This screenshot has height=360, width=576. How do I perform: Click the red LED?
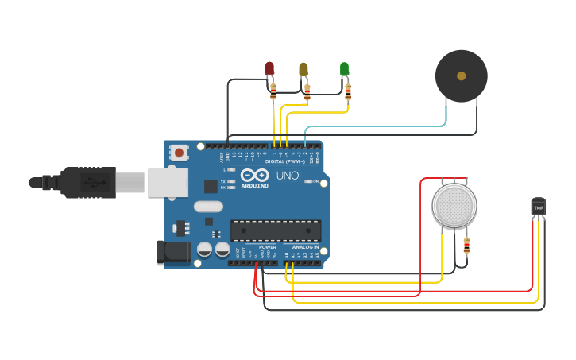coord(269,68)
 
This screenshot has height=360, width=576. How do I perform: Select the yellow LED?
coord(303,69)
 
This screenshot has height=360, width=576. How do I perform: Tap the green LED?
coord(344,69)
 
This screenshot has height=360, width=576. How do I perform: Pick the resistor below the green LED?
coord(348,92)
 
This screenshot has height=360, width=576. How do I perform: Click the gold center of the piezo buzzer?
coord(461,76)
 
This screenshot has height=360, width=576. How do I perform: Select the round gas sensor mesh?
coord(454,205)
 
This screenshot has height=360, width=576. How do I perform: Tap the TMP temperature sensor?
coord(539,207)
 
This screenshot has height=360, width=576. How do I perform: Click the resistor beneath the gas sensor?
coord(466,246)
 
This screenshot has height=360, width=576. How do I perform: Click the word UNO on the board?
coord(287,175)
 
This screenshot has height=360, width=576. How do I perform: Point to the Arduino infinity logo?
coord(255,175)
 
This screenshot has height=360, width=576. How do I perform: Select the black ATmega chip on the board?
coord(276,230)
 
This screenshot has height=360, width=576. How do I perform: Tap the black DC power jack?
coord(173,253)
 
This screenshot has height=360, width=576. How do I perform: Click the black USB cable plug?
coord(88,182)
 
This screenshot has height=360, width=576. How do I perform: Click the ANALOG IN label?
coord(305,247)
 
